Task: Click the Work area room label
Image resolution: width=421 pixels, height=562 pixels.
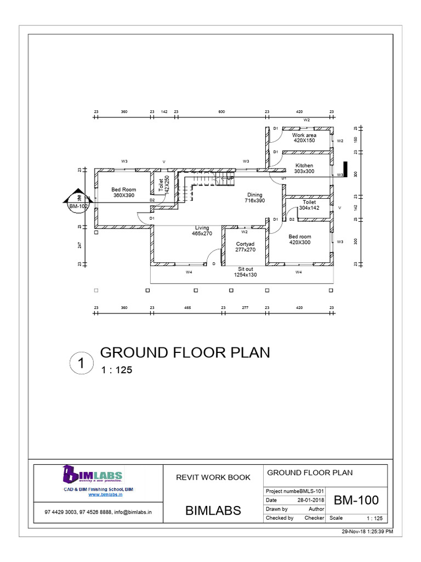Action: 304,138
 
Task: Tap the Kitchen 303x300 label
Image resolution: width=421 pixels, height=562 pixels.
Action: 304,168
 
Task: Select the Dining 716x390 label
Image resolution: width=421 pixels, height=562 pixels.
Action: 254,198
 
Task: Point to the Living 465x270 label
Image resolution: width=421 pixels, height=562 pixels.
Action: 202,231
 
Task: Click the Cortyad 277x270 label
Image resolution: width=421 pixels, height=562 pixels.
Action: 245,246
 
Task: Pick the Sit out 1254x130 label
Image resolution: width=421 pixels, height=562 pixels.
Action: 245,272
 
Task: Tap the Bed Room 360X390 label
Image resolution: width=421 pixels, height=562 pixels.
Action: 124,193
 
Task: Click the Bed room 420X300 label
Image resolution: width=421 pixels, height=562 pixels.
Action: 300,239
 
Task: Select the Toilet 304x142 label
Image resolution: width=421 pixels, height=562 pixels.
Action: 309,205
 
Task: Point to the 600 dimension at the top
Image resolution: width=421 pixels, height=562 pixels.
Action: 221,111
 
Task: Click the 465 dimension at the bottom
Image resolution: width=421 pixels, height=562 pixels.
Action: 187,308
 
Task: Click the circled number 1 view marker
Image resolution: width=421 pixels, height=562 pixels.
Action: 81,363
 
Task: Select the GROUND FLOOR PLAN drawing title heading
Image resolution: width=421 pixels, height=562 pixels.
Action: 184,352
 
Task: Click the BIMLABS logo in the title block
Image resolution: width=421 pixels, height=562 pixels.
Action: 93,475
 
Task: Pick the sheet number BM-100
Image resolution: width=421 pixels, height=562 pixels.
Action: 356,501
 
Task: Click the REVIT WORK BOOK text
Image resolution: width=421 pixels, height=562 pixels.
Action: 213,477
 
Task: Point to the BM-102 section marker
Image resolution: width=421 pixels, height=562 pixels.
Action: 78,206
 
